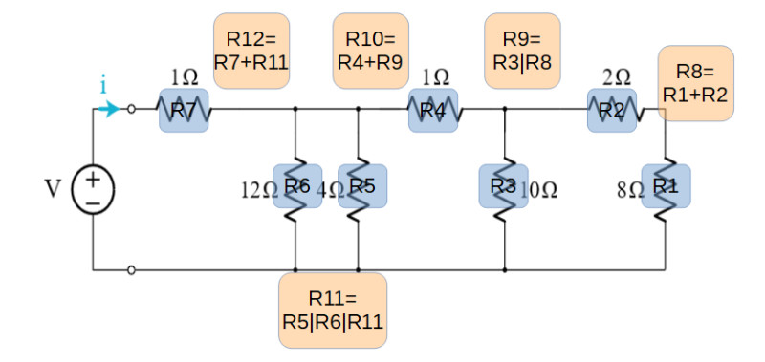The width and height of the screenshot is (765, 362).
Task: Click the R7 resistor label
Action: pyautogui.click(x=184, y=111)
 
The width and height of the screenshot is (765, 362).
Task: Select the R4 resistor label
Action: pyautogui.click(x=433, y=111)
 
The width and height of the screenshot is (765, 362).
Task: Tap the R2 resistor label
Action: pyautogui.click(x=612, y=111)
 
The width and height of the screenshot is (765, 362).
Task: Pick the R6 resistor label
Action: pyautogui.click(x=297, y=186)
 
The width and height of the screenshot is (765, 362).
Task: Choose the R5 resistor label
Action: pyautogui.click(x=362, y=186)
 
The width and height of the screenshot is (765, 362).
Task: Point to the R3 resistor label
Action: pyautogui.click(x=504, y=186)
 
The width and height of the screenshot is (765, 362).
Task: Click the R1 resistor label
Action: pyautogui.click(x=666, y=186)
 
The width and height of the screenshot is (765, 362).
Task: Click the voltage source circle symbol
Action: pyautogui.click(x=93, y=190)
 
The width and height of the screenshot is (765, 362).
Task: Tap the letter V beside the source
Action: pyautogui.click(x=53, y=189)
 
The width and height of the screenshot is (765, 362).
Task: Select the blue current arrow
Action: pyautogui.click(x=109, y=109)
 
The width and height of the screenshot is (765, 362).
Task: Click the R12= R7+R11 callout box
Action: pyautogui.click(x=251, y=52)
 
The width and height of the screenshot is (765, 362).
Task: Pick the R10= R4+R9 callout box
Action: pyautogui.click(x=371, y=52)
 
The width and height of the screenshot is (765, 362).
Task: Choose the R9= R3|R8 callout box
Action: pyautogui.click(x=522, y=52)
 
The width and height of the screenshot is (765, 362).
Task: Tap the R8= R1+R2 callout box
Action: pyautogui.click(x=696, y=83)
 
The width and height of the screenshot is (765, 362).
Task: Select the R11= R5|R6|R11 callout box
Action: pyautogui.click(x=333, y=310)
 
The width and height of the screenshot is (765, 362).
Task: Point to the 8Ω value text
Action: pyautogui.click(x=629, y=190)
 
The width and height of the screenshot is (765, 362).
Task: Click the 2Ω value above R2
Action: pyautogui.click(x=616, y=77)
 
